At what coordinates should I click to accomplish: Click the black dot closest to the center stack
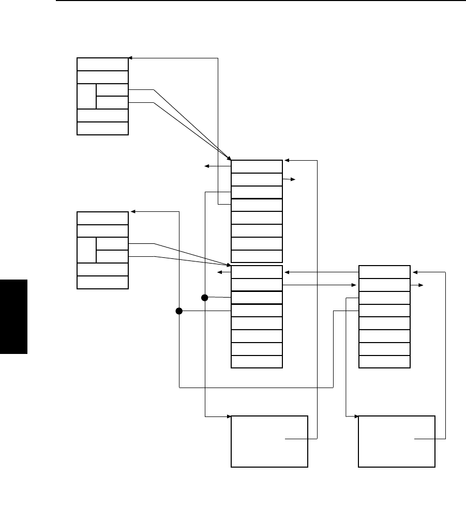[x=204, y=298]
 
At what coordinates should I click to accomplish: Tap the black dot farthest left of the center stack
[x=179, y=311]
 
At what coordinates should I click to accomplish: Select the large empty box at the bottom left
[x=269, y=441]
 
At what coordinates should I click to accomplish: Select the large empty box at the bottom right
[x=397, y=441]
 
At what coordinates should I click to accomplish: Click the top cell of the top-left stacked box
[x=102, y=64]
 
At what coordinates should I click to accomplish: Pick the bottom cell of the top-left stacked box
[x=102, y=128]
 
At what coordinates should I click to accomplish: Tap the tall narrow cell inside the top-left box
[x=86, y=96]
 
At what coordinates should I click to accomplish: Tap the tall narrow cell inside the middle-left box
[x=86, y=250]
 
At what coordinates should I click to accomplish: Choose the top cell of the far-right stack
[x=384, y=272]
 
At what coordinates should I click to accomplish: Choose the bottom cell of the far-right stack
[x=384, y=362]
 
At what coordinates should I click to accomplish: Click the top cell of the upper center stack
[x=257, y=166]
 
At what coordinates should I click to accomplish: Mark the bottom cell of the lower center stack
[x=257, y=362]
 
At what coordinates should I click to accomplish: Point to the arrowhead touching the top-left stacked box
[x=131, y=58]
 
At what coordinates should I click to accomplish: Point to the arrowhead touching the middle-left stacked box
[x=133, y=211]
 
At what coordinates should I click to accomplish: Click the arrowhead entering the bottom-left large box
[x=228, y=416]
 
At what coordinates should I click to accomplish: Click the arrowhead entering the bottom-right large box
[x=356, y=416]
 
